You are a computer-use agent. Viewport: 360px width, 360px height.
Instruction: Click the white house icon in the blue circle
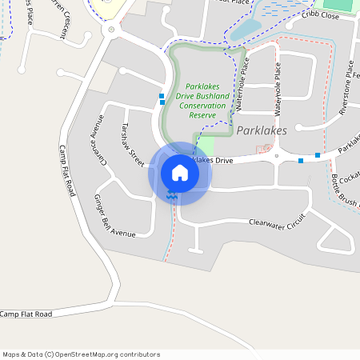click(x=180, y=172)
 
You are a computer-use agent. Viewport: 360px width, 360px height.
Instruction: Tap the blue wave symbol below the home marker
click(x=172, y=195)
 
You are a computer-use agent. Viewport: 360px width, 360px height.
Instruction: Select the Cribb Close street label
click(x=320, y=15)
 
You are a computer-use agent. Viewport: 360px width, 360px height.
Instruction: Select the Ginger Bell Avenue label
click(x=114, y=215)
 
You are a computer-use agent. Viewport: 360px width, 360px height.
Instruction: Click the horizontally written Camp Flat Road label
click(x=26, y=314)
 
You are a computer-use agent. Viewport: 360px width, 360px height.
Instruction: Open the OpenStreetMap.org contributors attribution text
click(x=81, y=354)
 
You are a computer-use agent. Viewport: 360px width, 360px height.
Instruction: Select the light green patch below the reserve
click(x=204, y=146)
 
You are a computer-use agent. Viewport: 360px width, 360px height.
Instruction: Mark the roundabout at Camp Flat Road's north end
click(x=110, y=30)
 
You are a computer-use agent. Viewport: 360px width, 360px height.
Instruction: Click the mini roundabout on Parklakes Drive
click(x=276, y=157)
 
